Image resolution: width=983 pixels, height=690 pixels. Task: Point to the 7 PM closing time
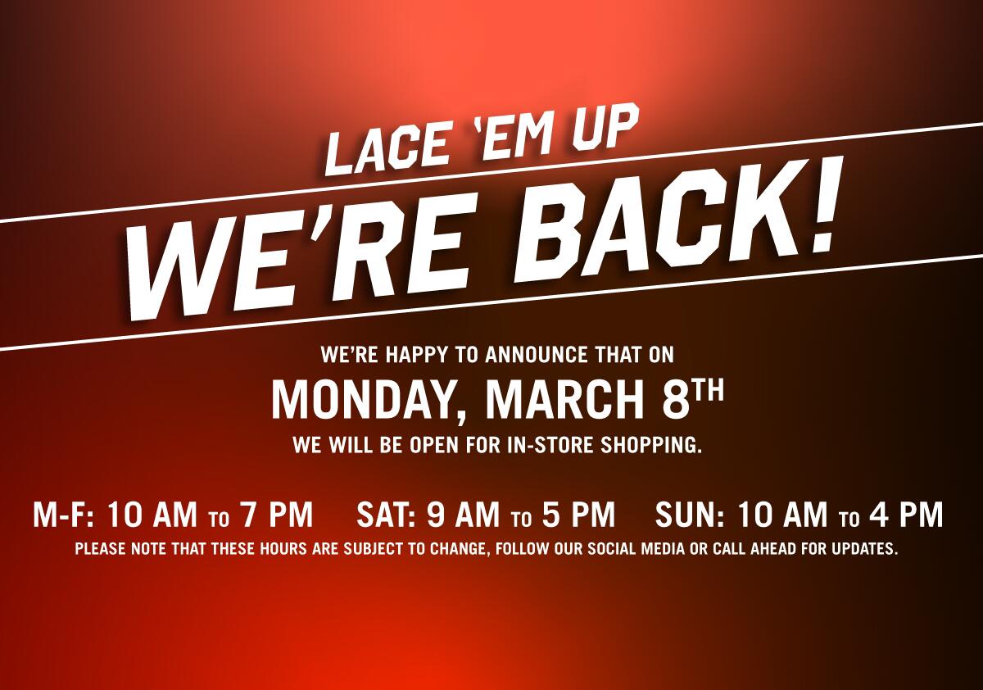pyautogui.click(x=276, y=514)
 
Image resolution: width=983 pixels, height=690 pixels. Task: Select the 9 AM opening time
pyautogui.click(x=463, y=514)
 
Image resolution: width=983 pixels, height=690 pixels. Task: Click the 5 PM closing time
pyautogui.click(x=578, y=514)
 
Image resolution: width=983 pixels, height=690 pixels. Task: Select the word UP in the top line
pyautogui.click(x=603, y=135)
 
